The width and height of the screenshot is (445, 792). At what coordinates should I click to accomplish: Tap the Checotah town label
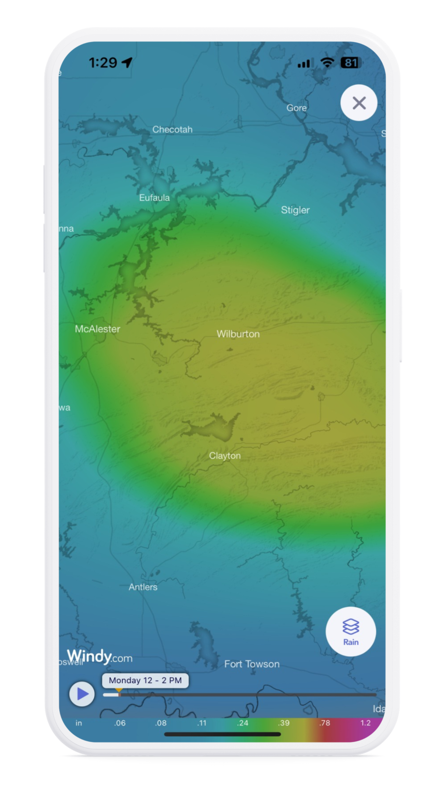(x=172, y=129)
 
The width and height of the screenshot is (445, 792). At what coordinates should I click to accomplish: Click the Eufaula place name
(x=154, y=197)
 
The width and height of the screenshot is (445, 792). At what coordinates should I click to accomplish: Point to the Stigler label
(x=295, y=210)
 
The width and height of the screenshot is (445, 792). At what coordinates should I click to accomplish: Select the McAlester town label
(x=97, y=329)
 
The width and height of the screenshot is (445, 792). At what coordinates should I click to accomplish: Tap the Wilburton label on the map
(x=238, y=334)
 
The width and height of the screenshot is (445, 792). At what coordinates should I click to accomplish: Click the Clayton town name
(x=225, y=456)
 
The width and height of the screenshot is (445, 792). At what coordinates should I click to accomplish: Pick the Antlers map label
(x=143, y=587)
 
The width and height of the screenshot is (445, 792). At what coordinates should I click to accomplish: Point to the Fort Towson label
(x=252, y=664)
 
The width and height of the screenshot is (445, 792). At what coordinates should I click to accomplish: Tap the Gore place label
(x=296, y=108)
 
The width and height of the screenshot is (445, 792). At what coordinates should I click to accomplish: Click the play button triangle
(x=82, y=694)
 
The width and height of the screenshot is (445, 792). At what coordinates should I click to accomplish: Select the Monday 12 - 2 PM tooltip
(x=145, y=680)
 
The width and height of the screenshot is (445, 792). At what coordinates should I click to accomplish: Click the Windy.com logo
(x=99, y=657)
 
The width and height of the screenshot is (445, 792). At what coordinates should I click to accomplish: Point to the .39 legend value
(x=283, y=723)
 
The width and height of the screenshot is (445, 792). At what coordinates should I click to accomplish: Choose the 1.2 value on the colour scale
(x=365, y=723)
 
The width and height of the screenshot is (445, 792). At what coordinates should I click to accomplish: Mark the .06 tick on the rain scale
(x=120, y=723)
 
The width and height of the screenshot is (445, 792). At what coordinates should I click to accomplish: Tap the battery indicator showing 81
(x=350, y=63)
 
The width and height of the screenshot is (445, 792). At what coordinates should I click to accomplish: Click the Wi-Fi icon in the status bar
(x=327, y=63)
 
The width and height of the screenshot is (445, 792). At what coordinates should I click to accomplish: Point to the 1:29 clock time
(x=103, y=63)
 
